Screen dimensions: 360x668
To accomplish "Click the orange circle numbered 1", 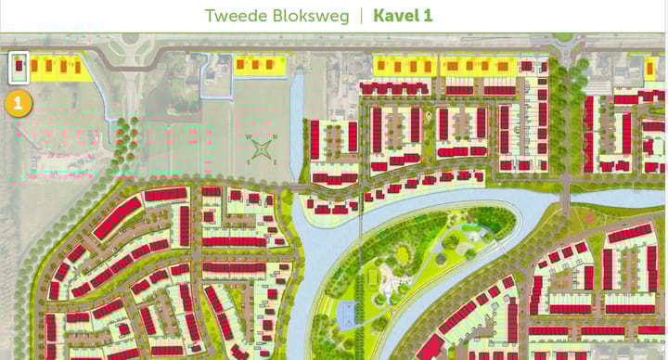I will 18,103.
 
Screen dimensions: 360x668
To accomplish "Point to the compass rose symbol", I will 263,148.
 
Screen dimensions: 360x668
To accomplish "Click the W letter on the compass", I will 250,137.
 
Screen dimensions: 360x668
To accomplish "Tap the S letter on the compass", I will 250,160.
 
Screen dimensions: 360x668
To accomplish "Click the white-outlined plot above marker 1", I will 19,68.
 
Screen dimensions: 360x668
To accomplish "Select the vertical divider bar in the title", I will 361,16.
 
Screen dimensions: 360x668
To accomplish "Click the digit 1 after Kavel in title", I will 428,16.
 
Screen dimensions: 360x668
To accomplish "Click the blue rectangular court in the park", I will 347,314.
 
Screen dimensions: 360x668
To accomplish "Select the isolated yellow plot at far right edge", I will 654,66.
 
